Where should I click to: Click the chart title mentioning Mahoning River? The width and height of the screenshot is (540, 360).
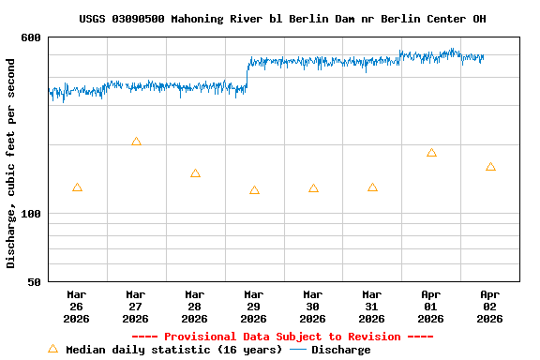[x=282, y=19]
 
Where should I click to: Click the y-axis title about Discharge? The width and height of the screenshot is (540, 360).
[x=11, y=163]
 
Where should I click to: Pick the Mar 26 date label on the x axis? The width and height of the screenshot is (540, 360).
[x=77, y=306]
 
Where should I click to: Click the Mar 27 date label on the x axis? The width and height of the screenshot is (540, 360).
[x=136, y=306]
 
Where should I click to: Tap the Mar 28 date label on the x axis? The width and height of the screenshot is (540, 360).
[x=195, y=306]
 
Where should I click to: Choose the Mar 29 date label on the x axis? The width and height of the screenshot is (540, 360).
[x=254, y=306]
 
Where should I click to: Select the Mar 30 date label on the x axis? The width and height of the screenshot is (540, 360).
[x=313, y=306]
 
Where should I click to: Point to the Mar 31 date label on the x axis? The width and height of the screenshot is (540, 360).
[x=372, y=306]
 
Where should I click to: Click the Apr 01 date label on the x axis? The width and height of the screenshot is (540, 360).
[x=431, y=306]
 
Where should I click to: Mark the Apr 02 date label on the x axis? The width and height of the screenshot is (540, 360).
[x=490, y=306]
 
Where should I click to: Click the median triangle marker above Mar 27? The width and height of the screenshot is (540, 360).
[x=136, y=142]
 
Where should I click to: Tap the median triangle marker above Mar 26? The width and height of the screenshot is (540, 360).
[x=77, y=187]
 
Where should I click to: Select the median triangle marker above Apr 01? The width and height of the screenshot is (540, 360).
[x=431, y=153]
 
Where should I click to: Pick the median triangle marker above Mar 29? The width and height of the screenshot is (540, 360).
[x=254, y=190]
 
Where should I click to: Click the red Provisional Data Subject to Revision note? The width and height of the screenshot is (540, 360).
[x=282, y=337]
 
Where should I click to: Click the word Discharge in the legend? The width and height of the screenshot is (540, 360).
[x=340, y=350]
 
